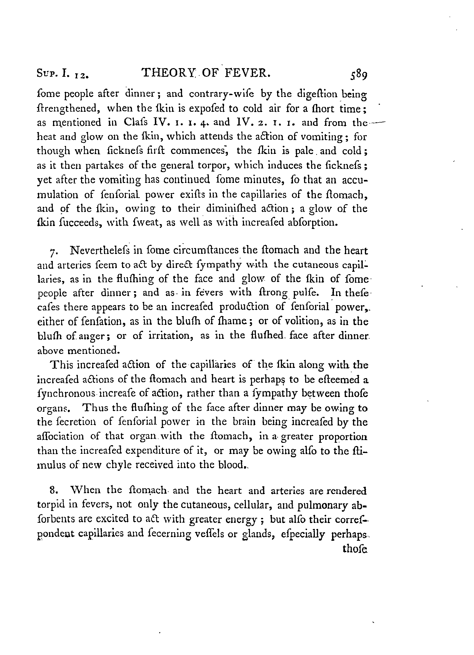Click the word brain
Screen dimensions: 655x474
[x=244, y=422]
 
